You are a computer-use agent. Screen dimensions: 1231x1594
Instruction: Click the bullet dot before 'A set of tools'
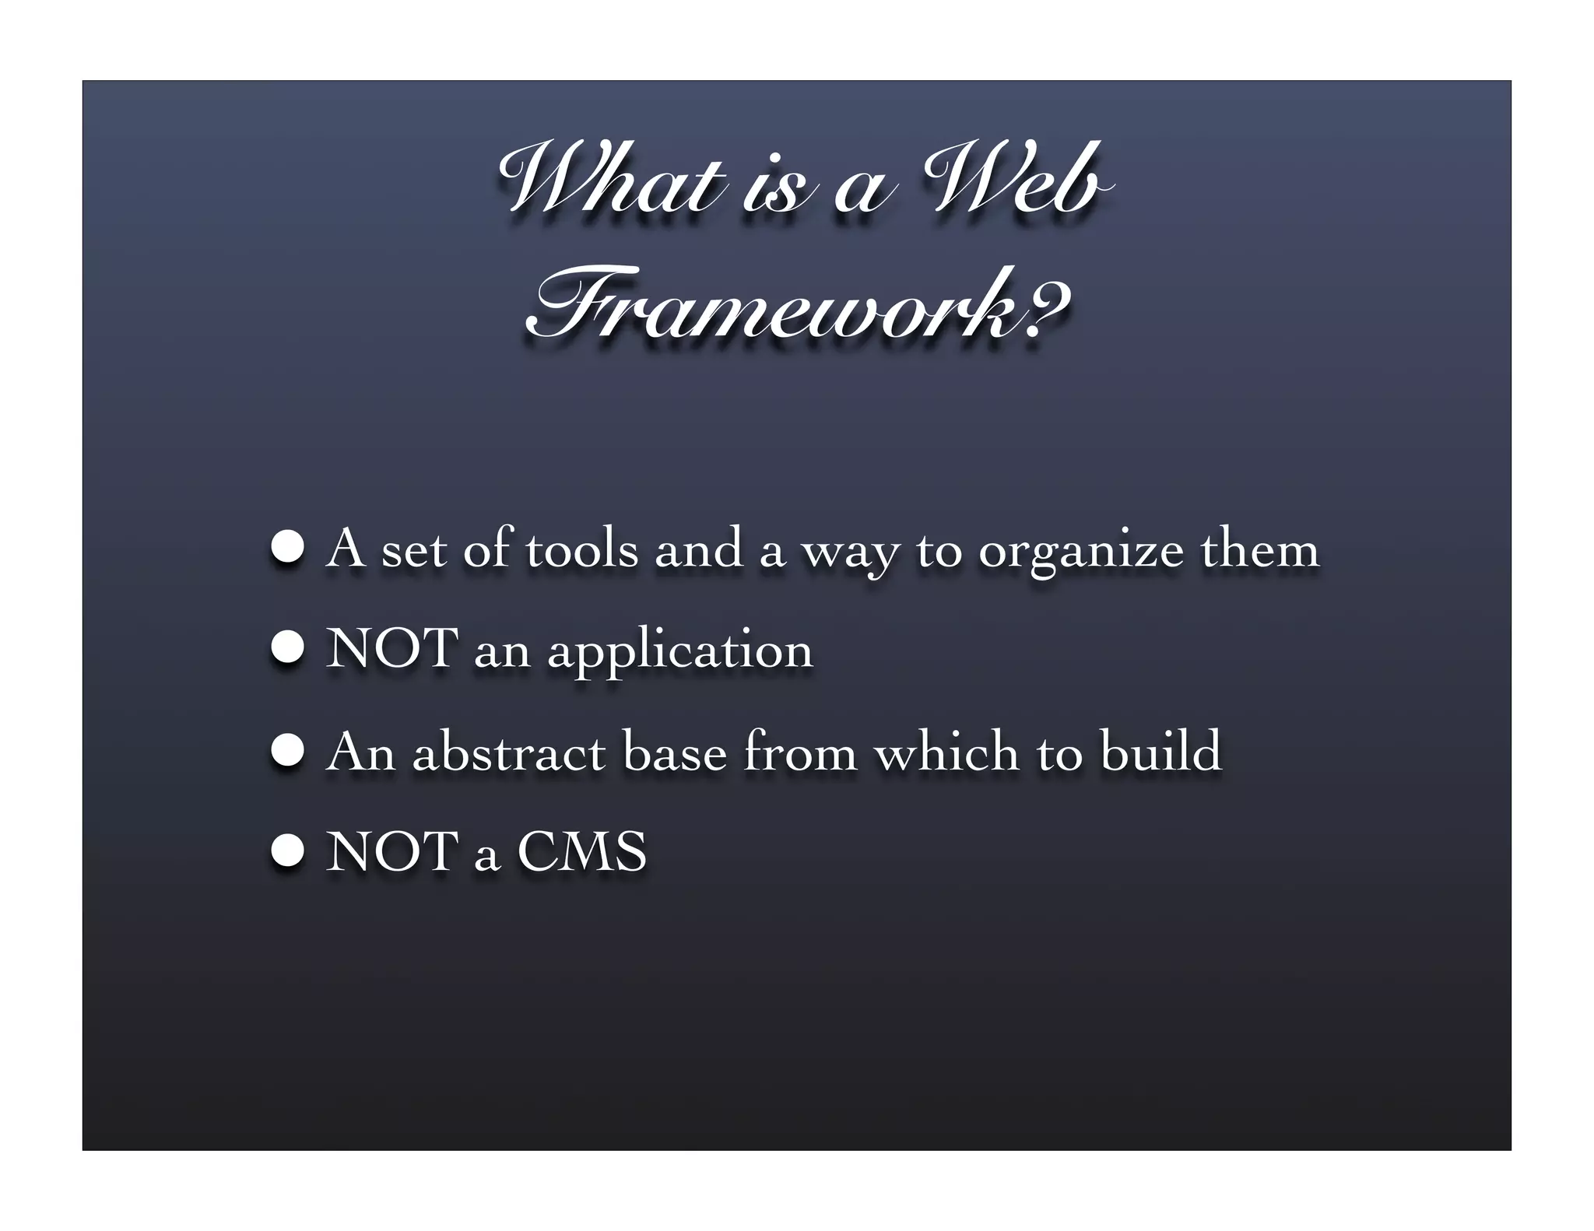287,546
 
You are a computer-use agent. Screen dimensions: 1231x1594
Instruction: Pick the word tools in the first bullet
581,549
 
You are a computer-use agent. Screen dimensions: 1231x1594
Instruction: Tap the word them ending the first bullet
1259,549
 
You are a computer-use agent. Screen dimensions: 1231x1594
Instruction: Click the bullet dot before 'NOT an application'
287,647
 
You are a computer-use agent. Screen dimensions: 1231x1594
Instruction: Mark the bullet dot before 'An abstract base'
287,749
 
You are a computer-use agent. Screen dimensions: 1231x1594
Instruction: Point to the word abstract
508,752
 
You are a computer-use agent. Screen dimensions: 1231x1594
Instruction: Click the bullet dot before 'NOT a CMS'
287,850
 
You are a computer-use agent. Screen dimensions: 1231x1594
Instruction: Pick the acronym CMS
581,851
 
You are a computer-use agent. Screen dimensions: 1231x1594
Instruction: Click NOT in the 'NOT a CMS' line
391,851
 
